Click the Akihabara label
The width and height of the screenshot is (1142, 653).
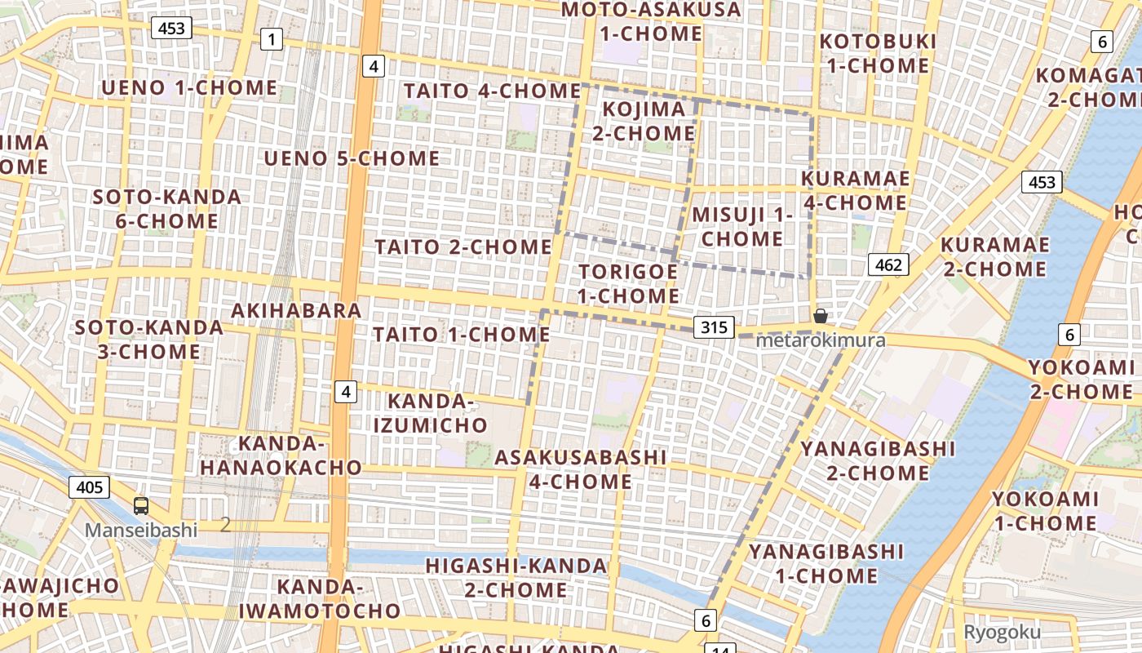[296, 311]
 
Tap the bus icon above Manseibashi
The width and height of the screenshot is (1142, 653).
[141, 506]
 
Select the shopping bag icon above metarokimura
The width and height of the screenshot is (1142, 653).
[821, 316]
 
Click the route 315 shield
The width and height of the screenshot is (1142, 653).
[714, 327]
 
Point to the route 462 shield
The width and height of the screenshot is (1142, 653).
[887, 264]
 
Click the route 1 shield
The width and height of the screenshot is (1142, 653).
[272, 38]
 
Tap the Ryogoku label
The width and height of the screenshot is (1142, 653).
[1002, 633]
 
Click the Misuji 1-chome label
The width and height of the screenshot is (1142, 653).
[742, 227]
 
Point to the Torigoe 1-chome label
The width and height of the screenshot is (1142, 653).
[628, 283]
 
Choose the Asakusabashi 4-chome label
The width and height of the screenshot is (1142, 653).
[581, 469]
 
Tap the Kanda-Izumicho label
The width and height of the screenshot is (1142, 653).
[431, 413]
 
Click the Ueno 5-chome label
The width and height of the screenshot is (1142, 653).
[352, 158]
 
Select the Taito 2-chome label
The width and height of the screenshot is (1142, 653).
[463, 247]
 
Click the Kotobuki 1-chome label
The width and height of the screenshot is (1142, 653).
[878, 53]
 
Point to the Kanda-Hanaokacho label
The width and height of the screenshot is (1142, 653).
[281, 455]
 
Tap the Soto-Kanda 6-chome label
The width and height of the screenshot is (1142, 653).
[166, 209]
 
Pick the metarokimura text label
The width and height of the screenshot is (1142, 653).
[821, 340]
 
